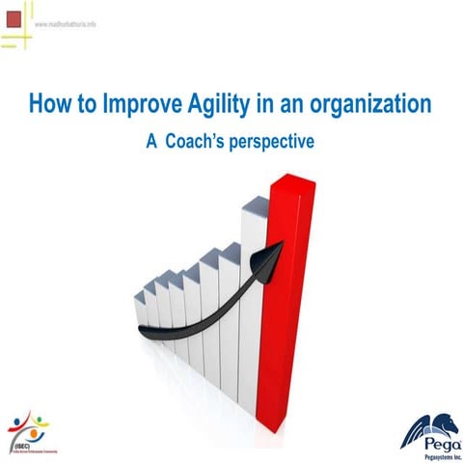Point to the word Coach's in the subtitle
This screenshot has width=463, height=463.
click(x=199, y=141)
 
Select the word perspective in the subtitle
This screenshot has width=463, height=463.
click(x=276, y=142)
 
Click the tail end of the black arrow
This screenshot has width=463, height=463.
click(x=145, y=331)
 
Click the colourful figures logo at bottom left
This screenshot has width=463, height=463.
click(x=29, y=423)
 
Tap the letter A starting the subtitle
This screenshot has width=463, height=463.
click(x=150, y=141)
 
